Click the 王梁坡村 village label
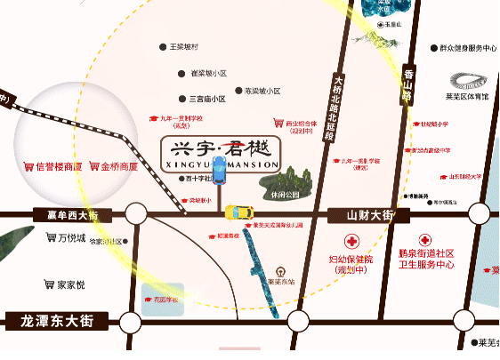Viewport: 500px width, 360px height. tap(184, 47)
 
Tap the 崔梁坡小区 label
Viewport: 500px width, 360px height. tap(209, 73)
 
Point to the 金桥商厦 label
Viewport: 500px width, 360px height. tap(118, 166)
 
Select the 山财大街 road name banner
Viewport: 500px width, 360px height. tap(368, 214)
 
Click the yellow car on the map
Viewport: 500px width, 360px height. tap(238, 212)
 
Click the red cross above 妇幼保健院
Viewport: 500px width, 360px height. tap(352, 242)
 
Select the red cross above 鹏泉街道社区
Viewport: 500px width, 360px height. tap(426, 241)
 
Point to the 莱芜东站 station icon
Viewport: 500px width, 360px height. tap(281, 272)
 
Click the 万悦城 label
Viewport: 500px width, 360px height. tap(70, 238)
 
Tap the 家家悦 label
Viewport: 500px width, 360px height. tap(70, 284)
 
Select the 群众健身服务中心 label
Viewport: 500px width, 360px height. tap(468, 48)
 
